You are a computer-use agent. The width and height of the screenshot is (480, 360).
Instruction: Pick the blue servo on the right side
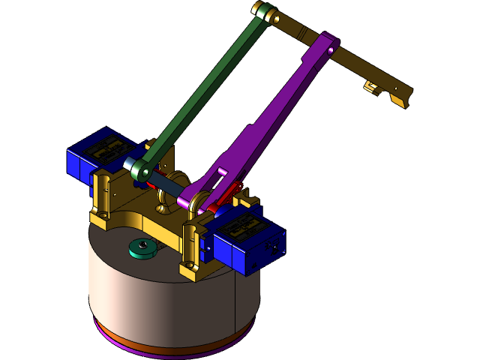247,238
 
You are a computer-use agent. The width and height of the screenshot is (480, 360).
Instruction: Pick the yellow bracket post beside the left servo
103,199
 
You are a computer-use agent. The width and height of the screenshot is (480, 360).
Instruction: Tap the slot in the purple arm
222,173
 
